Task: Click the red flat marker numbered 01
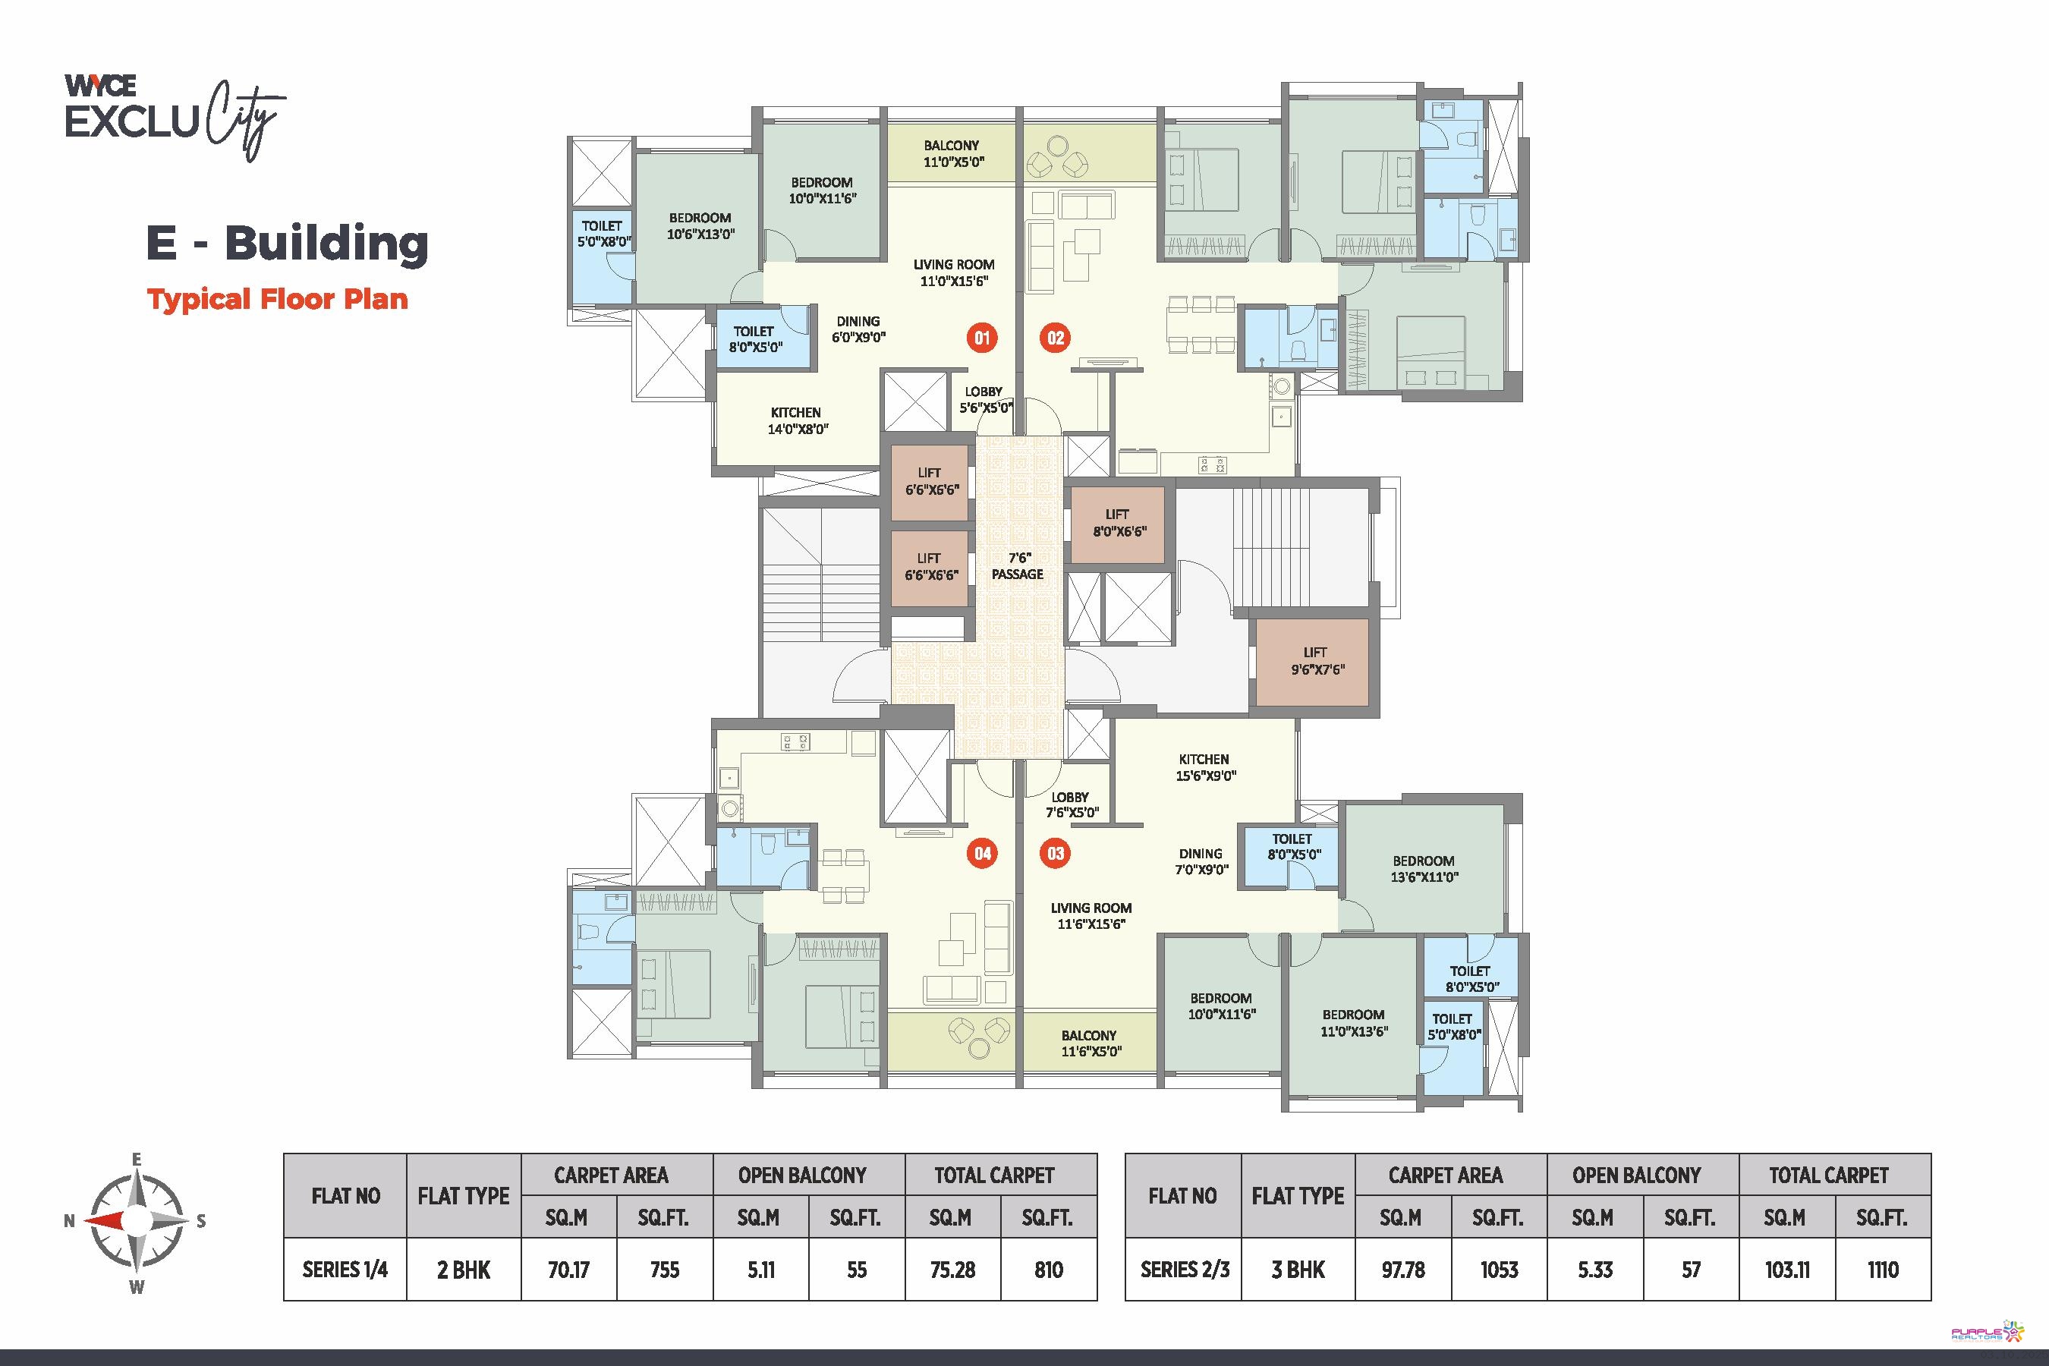tap(982, 338)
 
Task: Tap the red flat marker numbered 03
tap(1055, 853)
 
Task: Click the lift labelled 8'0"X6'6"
tap(1117, 524)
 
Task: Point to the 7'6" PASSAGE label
tap(1018, 565)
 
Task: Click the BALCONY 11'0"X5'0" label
tap(952, 153)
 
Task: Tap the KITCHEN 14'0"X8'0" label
tap(796, 420)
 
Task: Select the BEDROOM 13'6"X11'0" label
tap(1424, 869)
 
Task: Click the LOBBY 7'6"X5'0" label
tap(1071, 805)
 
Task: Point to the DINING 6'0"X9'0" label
tap(858, 329)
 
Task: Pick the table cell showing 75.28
tap(952, 1270)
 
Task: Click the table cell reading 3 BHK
tap(1298, 1270)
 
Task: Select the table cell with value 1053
tap(1500, 1270)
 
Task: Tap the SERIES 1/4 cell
tap(345, 1270)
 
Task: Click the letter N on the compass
tap(69, 1220)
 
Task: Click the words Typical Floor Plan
tap(277, 299)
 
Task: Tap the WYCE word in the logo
tap(100, 85)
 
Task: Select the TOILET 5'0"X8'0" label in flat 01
tap(603, 234)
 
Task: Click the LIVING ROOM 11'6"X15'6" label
tap(1091, 916)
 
